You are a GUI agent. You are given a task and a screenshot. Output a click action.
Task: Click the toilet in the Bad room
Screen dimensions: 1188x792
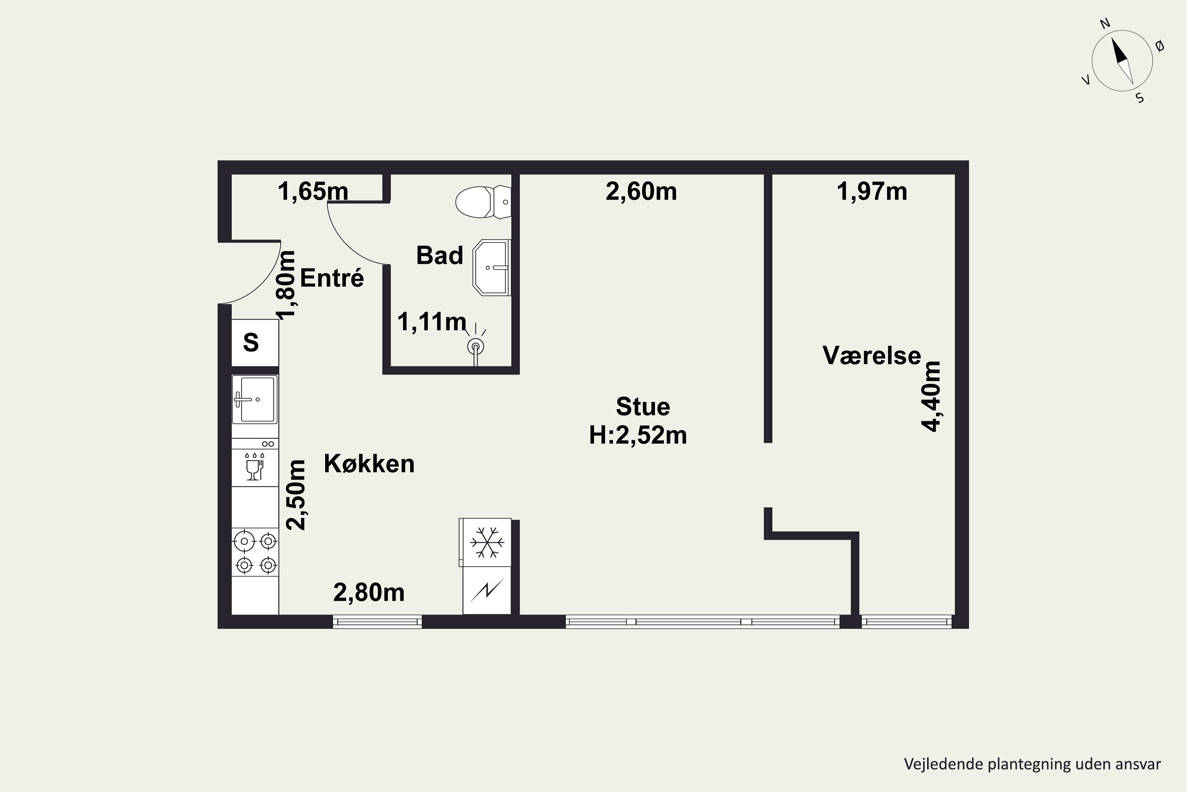[484, 202]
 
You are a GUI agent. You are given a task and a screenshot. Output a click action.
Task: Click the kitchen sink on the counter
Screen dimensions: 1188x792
[255, 399]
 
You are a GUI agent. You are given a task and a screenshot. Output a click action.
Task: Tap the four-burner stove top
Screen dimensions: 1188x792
[255, 552]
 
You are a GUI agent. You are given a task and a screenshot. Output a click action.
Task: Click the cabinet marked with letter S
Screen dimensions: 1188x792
[255, 343]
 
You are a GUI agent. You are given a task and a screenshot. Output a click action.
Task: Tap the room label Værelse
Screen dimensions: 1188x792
[872, 356]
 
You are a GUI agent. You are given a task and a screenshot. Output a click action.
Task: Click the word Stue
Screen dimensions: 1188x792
[643, 407]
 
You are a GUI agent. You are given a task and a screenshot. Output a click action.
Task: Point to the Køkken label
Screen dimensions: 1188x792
[369, 464]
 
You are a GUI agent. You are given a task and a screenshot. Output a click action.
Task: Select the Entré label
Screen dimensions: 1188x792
[332, 278]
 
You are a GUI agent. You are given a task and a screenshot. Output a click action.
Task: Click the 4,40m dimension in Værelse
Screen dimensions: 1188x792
[931, 396]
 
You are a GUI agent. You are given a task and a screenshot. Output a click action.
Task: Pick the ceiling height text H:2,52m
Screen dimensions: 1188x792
[638, 435]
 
